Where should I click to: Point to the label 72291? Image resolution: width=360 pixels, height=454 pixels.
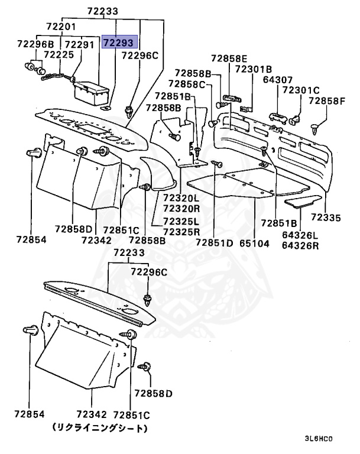[80, 44]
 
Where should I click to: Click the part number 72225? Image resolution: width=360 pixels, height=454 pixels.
[59, 54]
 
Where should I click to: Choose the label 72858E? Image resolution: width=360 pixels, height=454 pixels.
[228, 59]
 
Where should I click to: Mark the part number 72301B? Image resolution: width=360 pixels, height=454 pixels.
[253, 69]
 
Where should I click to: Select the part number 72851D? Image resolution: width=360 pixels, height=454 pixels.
[215, 242]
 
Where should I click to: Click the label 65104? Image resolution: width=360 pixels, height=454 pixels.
[254, 242]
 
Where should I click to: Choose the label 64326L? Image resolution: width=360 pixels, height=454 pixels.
[300, 235]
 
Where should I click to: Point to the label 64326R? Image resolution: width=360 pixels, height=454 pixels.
[300, 245]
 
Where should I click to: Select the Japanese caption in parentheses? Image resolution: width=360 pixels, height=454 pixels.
[99, 427]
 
